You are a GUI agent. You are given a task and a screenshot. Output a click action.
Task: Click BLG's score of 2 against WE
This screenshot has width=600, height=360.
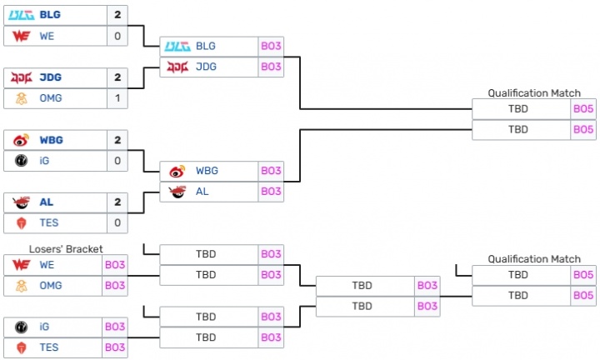pos(117,15)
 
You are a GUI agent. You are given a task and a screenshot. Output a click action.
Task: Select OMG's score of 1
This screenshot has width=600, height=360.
pos(117,98)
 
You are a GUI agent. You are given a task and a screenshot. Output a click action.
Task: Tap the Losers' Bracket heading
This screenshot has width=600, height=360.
pos(65,248)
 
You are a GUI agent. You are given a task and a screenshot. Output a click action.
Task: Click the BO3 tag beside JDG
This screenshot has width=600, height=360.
pos(271,67)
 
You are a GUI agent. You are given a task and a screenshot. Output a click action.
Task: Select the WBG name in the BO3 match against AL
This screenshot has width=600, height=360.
pos(207,171)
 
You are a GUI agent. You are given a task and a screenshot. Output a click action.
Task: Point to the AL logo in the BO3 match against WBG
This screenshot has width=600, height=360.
pos(177,192)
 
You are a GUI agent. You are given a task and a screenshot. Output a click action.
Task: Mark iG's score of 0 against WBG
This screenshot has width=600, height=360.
pos(117,161)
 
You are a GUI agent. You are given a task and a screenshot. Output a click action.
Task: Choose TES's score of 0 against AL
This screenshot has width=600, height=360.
pos(117,223)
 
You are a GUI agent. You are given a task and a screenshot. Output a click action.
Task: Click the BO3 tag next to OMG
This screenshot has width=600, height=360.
pos(115,286)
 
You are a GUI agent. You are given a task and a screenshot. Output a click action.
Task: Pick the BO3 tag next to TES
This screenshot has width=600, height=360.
pos(115,348)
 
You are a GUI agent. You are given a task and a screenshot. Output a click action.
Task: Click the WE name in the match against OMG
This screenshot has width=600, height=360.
pos(46,265)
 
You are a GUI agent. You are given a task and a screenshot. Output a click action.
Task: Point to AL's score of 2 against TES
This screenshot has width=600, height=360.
pos(117,202)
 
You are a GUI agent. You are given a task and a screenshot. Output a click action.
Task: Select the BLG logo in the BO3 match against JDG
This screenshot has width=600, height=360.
pos(177,46)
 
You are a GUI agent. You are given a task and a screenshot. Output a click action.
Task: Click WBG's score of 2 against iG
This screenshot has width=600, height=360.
pos(117,140)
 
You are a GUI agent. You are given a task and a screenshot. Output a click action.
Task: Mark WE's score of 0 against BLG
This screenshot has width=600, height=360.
pos(117,36)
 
